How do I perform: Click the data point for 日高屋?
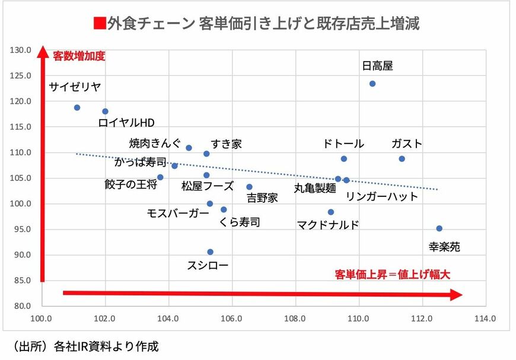[372, 84]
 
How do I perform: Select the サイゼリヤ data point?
[77, 107]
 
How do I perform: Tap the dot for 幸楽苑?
[439, 228]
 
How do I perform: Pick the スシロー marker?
[210, 251]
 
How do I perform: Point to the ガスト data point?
[402, 159]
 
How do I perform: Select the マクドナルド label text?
[328, 225]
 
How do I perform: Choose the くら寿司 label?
[240, 222]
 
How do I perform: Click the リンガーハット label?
[382, 196]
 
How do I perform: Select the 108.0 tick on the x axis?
[295, 318]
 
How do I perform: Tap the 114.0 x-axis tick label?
[485, 318]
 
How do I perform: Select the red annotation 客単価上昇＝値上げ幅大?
[393, 275]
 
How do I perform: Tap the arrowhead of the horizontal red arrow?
[456, 294]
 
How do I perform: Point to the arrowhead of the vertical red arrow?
[42, 53]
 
